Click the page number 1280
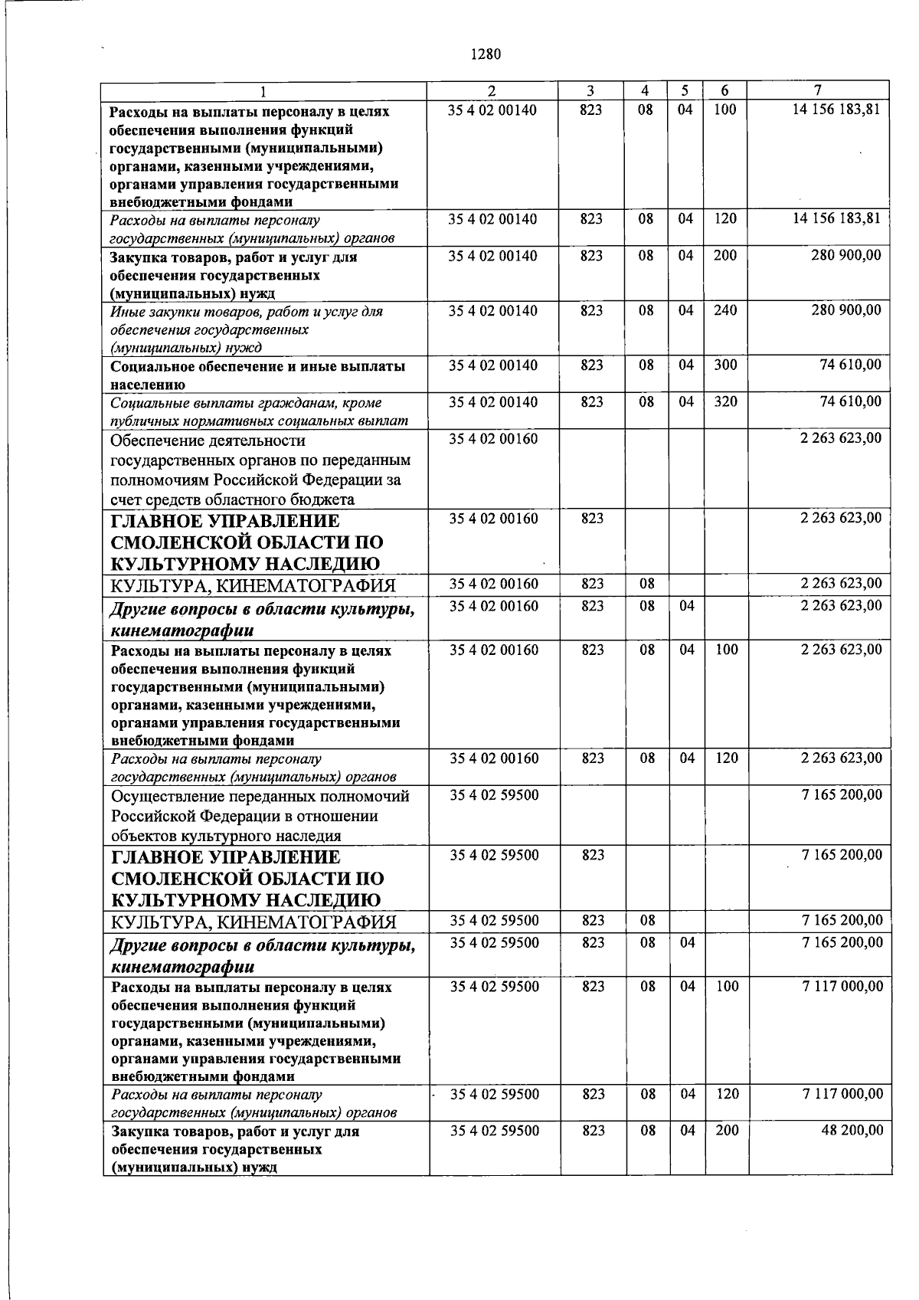(485, 54)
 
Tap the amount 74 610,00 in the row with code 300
(849, 365)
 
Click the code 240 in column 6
(724, 310)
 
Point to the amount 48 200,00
(852, 1131)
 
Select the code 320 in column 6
(724, 401)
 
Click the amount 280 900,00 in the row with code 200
(845, 256)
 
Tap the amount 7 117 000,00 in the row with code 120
(842, 1094)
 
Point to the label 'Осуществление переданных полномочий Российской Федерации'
(260, 816)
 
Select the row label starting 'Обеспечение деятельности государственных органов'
(260, 470)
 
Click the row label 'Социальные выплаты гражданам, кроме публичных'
(257, 411)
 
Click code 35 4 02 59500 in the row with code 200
(494, 1131)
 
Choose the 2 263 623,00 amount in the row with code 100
(841, 650)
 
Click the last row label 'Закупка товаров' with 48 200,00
(234, 1149)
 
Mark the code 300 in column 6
(724, 365)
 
